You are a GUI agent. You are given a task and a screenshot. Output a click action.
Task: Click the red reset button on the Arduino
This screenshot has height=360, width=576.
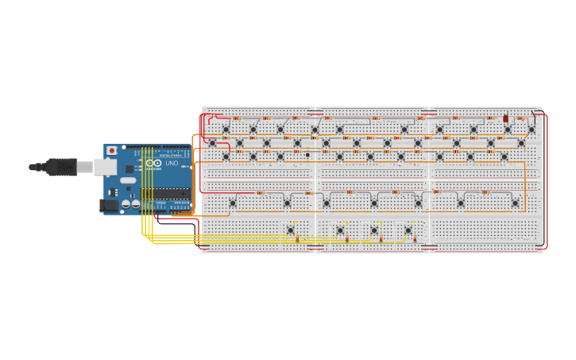click(112, 150)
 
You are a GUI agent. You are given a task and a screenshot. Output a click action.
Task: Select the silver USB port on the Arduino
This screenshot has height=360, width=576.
click(105, 167)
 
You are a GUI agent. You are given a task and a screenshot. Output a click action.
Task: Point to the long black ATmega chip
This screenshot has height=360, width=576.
click(165, 193)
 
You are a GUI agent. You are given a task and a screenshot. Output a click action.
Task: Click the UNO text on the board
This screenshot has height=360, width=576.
click(172, 164)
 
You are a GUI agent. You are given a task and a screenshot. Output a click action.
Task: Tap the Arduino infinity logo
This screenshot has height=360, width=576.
click(153, 164)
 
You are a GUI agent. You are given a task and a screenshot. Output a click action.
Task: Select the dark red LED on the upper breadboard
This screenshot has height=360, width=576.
click(505, 118)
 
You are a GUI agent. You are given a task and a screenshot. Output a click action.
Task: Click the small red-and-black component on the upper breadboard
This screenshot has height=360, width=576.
click(307, 155)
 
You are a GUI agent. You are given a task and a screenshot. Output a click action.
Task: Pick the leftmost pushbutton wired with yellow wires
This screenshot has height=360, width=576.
click(290, 230)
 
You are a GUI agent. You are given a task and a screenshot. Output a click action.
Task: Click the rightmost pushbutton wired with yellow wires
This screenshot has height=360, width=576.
click(408, 230)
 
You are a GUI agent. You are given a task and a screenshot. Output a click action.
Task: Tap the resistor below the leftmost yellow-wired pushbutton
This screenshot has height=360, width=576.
click(297, 238)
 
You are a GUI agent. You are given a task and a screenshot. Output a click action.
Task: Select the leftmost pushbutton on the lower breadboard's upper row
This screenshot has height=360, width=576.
click(233, 203)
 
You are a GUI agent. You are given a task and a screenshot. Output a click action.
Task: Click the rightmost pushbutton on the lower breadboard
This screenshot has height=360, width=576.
click(515, 203)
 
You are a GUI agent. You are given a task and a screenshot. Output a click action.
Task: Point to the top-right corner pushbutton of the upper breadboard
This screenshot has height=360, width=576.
click(532, 130)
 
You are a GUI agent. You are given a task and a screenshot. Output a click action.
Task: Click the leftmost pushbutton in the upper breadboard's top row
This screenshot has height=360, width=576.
click(226, 130)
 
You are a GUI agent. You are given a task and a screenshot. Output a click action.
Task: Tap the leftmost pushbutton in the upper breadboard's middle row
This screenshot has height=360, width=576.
click(212, 143)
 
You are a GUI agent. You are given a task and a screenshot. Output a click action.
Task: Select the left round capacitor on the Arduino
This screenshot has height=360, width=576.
click(126, 204)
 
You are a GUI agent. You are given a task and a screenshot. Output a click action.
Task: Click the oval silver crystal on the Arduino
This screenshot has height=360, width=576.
click(128, 180)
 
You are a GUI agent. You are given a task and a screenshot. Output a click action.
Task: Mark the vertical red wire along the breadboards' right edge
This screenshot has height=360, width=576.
click(547, 183)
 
